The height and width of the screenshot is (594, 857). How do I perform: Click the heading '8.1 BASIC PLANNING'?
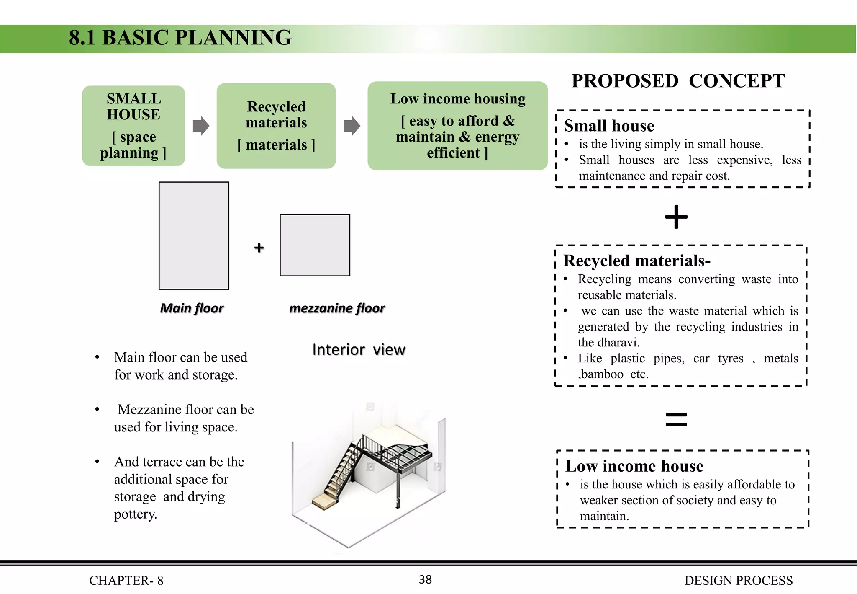[180, 38]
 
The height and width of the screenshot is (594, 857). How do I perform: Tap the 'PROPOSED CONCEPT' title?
[678, 81]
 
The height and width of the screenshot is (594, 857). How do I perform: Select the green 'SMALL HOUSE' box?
[133, 126]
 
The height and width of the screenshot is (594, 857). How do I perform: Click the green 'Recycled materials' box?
[276, 126]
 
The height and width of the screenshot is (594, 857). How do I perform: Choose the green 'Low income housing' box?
[457, 126]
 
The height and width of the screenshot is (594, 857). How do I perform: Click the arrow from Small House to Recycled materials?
[201, 126]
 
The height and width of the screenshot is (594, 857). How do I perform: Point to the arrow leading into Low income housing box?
[352, 126]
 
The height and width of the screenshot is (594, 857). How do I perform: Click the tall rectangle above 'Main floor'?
[194, 235]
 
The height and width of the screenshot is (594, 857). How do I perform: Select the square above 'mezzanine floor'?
[315, 245]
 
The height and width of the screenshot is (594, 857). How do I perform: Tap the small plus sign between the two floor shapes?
[259, 248]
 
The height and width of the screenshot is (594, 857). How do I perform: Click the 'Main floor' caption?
[192, 308]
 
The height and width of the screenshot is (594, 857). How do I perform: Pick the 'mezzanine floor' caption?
[337, 308]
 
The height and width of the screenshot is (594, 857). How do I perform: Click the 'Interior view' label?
[359, 349]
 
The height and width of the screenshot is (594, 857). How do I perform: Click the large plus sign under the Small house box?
[676, 217]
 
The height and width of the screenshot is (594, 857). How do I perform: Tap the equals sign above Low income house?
[676, 419]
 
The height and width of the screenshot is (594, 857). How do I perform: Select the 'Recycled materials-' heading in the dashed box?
[636, 261]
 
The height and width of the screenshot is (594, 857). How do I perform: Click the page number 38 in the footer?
[425, 579]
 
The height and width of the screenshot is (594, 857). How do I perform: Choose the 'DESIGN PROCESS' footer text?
[738, 580]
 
